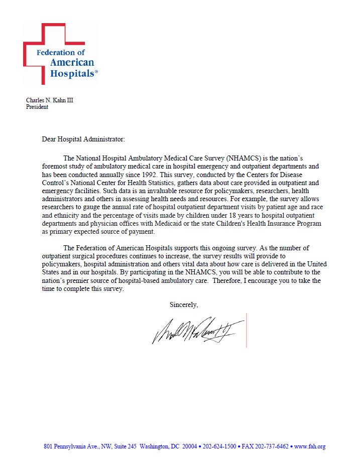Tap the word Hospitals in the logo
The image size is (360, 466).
pyautogui.click(x=72, y=73)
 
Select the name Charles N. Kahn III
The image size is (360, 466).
pyautogui.click(x=50, y=100)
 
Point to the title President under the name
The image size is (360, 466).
pyautogui.click(x=37, y=107)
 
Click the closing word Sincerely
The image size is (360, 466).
pyautogui.click(x=184, y=304)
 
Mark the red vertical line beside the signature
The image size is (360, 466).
pyautogui.click(x=246, y=330)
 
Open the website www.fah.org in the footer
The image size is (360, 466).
pyautogui.click(x=310, y=446)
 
